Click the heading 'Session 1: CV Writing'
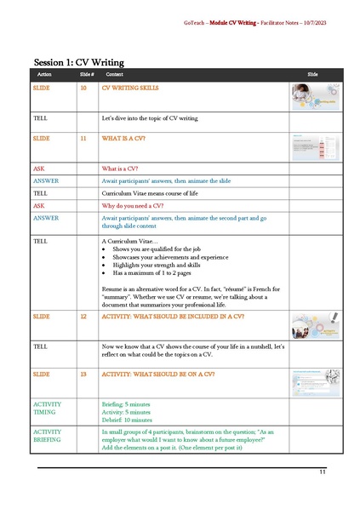78,62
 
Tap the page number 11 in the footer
323,472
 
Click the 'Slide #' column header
86,76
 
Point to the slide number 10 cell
83,88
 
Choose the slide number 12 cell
83,316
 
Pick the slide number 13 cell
83,374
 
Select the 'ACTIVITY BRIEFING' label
47,436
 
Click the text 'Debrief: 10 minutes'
127,420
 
